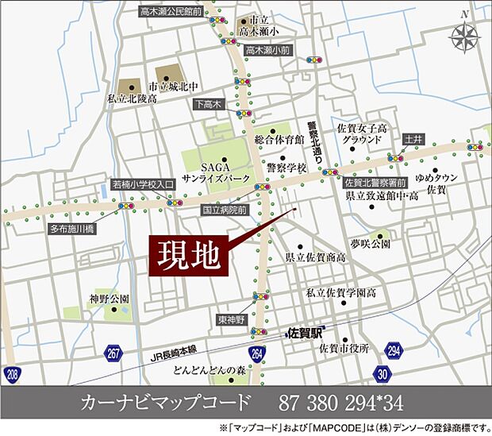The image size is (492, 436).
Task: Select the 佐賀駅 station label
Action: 304,334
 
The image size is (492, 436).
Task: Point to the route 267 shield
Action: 114,353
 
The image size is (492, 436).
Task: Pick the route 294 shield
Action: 394,349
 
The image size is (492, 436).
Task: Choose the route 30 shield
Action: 383,373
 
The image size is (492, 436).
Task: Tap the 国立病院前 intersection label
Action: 225,210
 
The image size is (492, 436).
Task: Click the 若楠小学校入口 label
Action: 143,184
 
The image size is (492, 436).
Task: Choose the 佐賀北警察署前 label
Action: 371,182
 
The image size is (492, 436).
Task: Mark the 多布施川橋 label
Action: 72,229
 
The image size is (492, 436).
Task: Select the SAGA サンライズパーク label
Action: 206,173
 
